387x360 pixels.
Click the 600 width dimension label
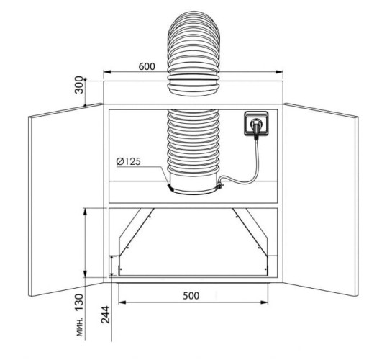coord(147,66)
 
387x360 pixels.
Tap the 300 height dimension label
coord(79,85)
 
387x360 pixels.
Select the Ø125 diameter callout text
coord(128,161)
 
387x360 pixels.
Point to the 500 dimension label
coord(191,295)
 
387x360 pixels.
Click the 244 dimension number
coord(106,315)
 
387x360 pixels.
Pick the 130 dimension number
coord(79,302)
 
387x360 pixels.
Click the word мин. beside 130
coord(80,327)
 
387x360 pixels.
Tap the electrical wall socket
coord(256,124)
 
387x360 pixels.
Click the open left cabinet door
coord(66,199)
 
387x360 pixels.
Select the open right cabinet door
coord(320,199)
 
